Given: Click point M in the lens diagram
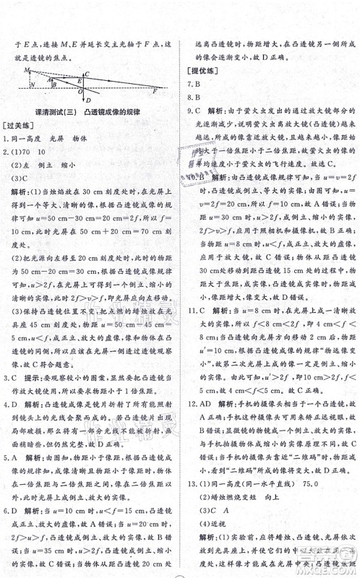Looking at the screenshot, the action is pos(27,70).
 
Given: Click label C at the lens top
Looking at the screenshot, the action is pos(87,74).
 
